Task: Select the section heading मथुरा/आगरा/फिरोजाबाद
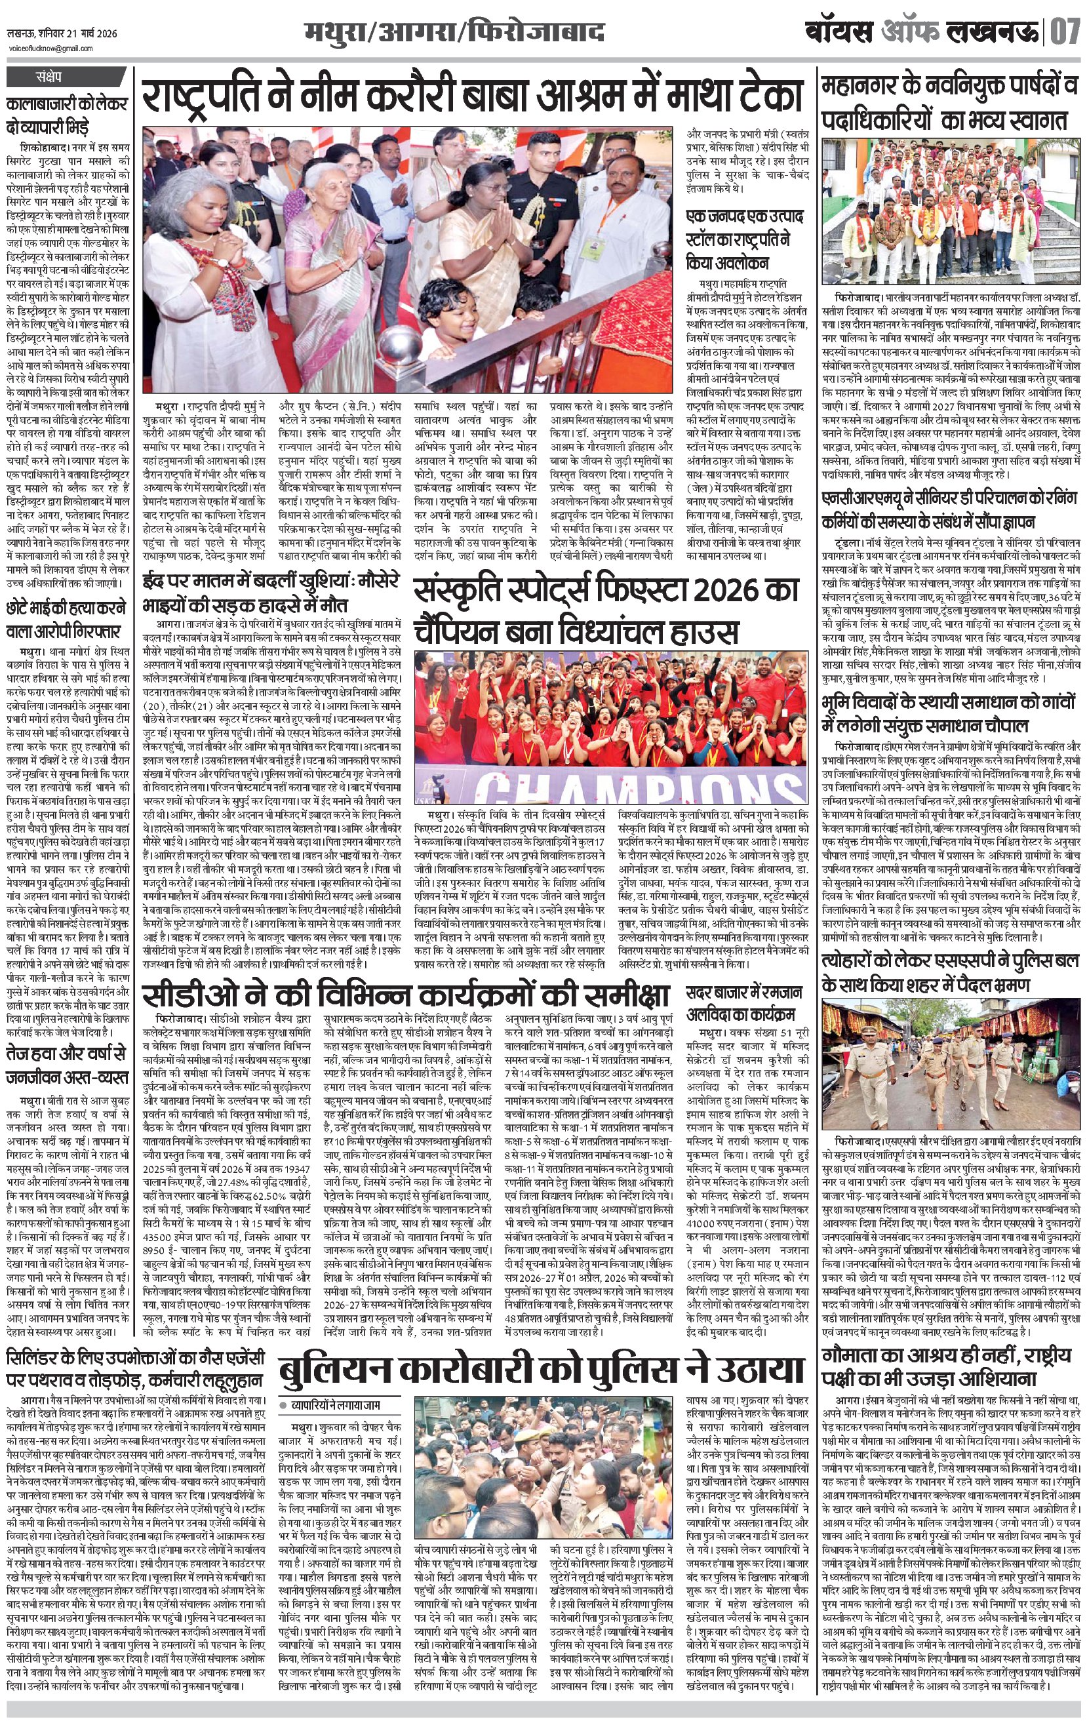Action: pos(453,33)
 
